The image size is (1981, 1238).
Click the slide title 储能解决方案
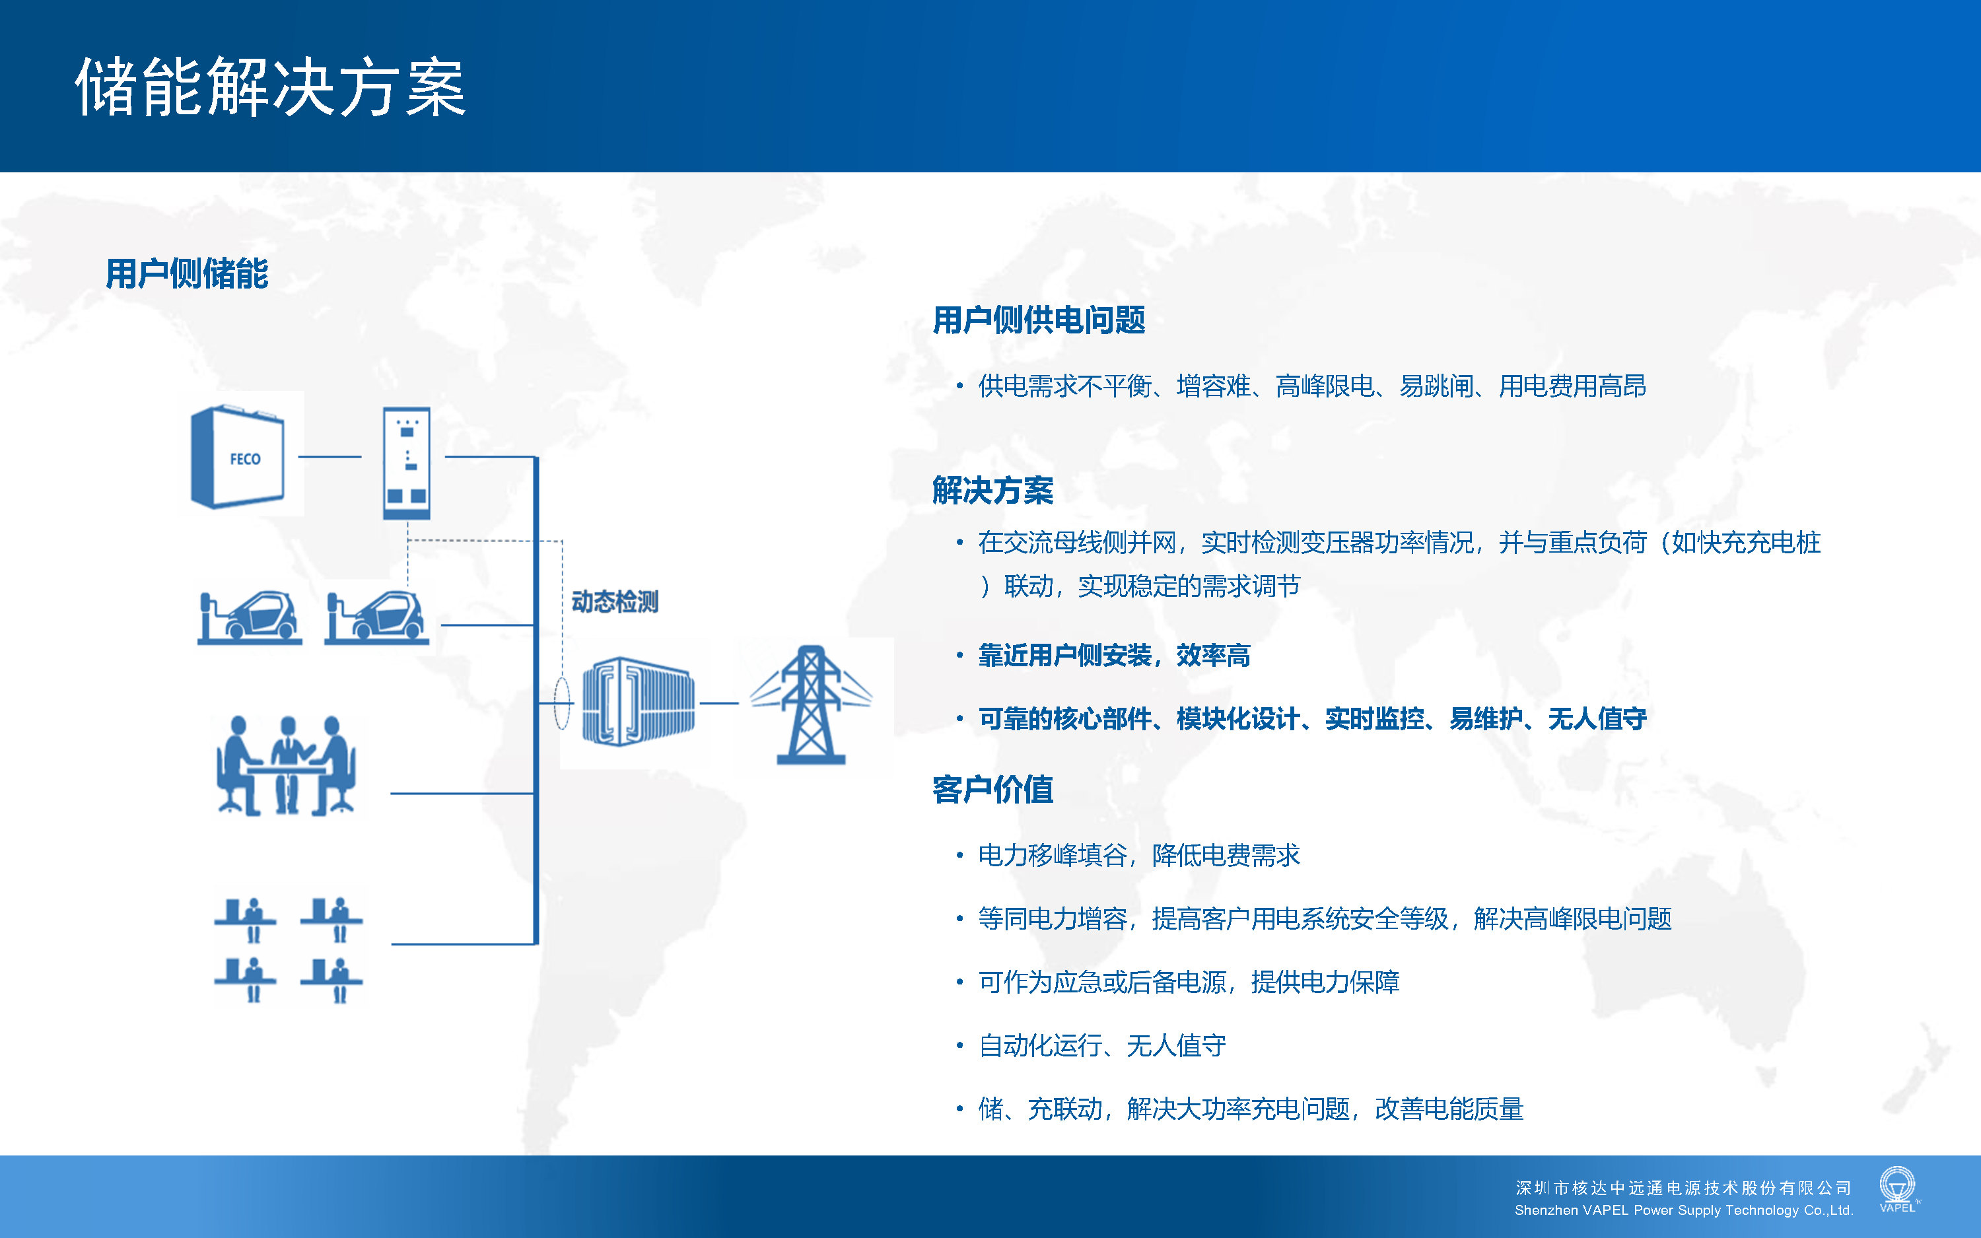coord(271,86)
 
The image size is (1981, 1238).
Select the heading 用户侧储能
coord(188,273)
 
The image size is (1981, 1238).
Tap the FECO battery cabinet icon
coord(238,458)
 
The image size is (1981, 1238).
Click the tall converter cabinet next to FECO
coord(407,464)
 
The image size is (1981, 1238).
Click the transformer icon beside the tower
coord(639,702)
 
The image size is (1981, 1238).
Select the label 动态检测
coord(615,602)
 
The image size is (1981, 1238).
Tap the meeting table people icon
coord(287,765)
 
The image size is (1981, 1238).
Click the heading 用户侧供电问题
coord(1039,320)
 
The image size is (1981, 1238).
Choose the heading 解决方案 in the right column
coord(993,491)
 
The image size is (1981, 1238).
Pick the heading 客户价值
coord(993,789)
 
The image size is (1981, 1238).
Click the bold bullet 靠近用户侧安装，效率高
coord(1114,655)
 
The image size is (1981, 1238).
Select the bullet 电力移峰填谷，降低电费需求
coord(1138,856)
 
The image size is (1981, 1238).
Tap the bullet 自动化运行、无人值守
coord(1102,1046)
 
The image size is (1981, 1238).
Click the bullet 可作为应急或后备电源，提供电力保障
coord(1189,982)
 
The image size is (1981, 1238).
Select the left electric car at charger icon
coord(250,618)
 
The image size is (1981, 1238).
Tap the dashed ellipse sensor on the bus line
coord(561,703)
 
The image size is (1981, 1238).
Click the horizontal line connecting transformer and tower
coord(720,703)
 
